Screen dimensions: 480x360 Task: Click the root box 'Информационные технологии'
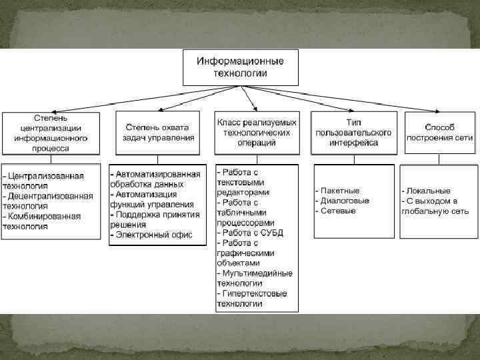(x=239, y=67)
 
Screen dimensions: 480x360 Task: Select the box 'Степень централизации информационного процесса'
(x=51, y=133)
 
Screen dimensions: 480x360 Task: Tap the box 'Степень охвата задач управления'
(x=158, y=133)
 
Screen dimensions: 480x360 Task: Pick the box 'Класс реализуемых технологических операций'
(x=257, y=133)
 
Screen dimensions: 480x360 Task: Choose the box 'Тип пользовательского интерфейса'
(x=353, y=133)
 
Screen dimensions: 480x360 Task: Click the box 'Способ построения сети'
(x=439, y=133)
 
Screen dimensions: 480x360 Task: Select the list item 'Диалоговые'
(x=344, y=201)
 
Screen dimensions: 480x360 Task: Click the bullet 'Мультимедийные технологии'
(x=257, y=278)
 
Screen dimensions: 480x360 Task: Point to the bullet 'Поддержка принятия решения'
(x=157, y=219)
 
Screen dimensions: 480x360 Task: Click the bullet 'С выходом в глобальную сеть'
(x=435, y=206)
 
